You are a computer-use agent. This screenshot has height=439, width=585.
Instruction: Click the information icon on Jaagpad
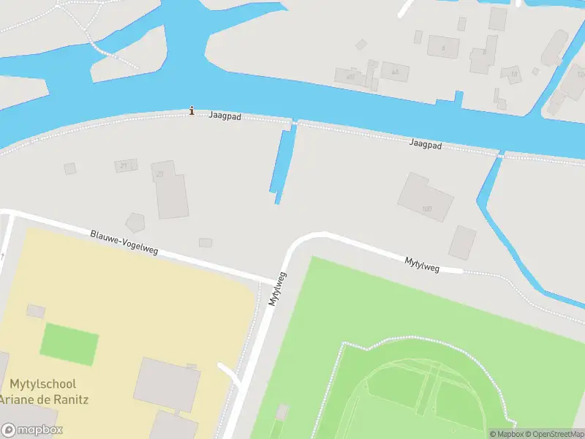192,110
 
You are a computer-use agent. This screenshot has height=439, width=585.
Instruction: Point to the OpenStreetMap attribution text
554,435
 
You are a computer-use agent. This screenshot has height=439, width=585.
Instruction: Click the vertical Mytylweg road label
276,289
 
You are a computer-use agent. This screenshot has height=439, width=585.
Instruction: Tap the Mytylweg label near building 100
423,264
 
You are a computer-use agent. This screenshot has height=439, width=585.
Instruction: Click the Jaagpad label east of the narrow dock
426,146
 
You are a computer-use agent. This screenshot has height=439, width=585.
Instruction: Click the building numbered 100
426,198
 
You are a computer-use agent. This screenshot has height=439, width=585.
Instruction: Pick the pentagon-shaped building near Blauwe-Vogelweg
136,222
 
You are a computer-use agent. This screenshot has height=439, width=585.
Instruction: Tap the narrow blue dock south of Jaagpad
282,162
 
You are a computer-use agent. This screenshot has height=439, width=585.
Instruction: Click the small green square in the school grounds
69,344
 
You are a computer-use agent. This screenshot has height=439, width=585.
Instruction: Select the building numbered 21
126,165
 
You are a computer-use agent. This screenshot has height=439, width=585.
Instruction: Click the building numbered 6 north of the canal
442,46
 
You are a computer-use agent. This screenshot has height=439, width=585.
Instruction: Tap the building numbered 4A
396,71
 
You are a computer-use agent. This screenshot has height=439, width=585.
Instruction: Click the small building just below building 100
462,242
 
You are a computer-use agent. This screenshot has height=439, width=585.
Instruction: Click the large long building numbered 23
171,190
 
